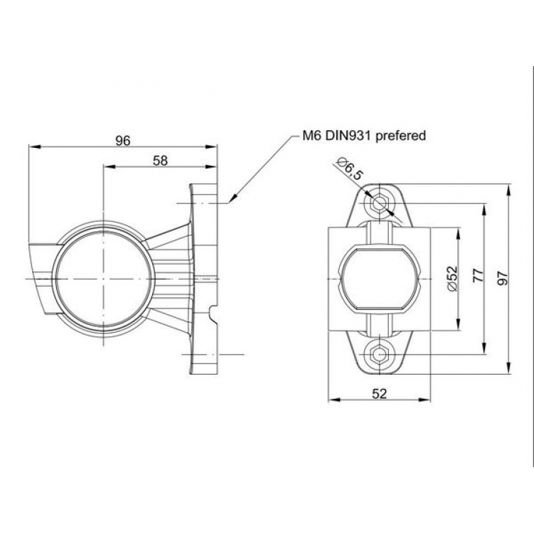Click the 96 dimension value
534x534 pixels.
point(123,141)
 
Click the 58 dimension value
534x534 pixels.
point(160,161)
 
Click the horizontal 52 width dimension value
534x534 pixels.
point(379,394)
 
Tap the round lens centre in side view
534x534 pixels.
point(104,277)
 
